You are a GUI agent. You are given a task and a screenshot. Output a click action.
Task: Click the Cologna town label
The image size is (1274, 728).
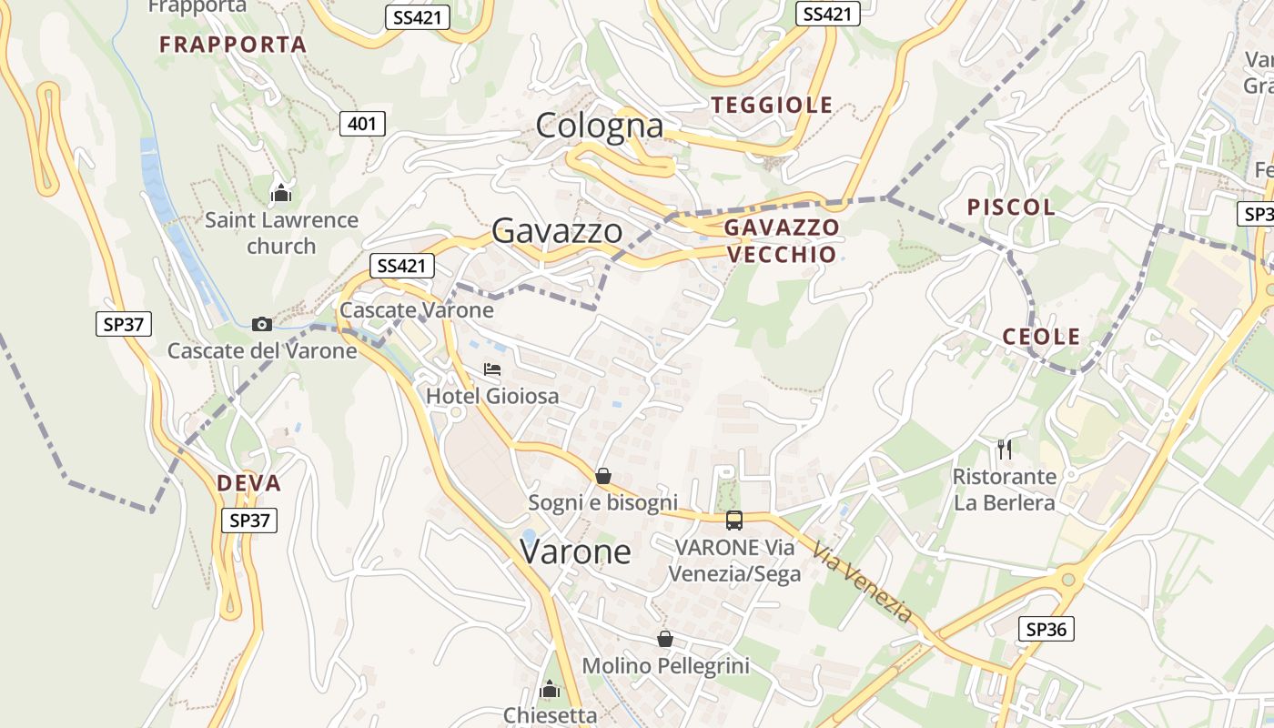(x=600, y=126)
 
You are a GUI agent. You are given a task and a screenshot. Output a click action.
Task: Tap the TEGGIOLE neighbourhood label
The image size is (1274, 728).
(x=773, y=105)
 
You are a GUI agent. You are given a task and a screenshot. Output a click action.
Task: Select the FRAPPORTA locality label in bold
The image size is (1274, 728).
(x=233, y=44)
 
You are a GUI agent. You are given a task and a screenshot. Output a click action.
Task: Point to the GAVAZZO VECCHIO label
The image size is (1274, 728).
(x=782, y=240)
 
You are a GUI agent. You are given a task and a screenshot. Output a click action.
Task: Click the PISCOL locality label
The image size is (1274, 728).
(x=1011, y=207)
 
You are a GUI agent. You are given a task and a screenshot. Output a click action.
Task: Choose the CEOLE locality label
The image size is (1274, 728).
(x=1041, y=337)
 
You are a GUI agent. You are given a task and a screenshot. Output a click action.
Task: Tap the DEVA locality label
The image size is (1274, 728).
(x=248, y=483)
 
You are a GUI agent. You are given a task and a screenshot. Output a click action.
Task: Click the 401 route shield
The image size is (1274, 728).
(x=362, y=124)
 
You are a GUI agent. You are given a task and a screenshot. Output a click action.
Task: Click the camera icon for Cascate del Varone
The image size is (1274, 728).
(x=261, y=324)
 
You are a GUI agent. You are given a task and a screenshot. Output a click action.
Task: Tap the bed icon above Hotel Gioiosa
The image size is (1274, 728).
(x=492, y=369)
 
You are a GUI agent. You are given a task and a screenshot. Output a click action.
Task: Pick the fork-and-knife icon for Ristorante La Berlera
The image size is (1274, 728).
(x=1005, y=449)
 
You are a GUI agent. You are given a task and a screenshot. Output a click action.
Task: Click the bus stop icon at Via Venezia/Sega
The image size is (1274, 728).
(x=734, y=521)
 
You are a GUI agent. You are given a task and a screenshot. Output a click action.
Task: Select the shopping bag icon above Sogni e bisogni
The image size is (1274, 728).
(x=602, y=476)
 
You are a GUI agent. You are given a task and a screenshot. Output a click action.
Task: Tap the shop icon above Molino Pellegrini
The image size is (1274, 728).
(x=665, y=639)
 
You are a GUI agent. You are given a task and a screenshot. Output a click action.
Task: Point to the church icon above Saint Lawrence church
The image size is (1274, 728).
(x=281, y=193)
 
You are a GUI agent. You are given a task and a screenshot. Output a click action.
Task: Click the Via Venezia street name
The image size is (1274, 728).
(x=862, y=583)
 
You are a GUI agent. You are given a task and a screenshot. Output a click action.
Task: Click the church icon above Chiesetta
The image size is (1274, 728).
(x=550, y=690)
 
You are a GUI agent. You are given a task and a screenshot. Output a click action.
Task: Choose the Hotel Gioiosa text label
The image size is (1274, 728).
(x=492, y=397)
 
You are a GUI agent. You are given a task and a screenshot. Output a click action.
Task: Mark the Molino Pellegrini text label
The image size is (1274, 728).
(x=665, y=666)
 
